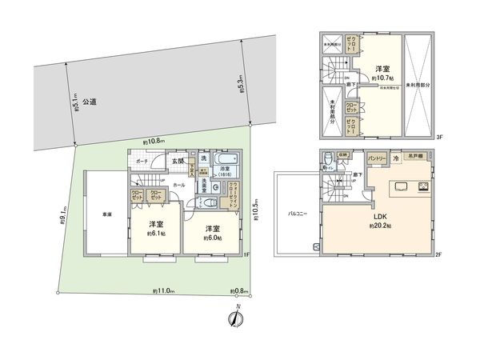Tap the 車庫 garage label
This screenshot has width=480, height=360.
click(x=106, y=214)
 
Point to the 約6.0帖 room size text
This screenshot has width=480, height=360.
click(x=212, y=237)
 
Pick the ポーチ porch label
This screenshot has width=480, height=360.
click(x=142, y=161)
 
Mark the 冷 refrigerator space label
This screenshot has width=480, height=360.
click(x=396, y=159)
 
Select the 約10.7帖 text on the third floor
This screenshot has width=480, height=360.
click(x=385, y=78)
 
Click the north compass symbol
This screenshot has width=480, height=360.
click(x=237, y=318)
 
